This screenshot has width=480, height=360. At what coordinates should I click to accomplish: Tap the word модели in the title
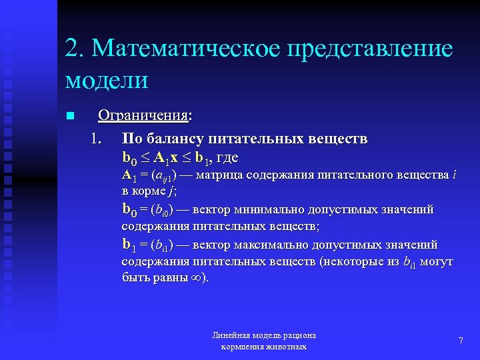coord(107,81)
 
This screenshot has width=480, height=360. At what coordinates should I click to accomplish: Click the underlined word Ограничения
coord(143,116)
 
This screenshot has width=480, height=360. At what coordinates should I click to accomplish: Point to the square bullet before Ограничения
coord(69,117)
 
